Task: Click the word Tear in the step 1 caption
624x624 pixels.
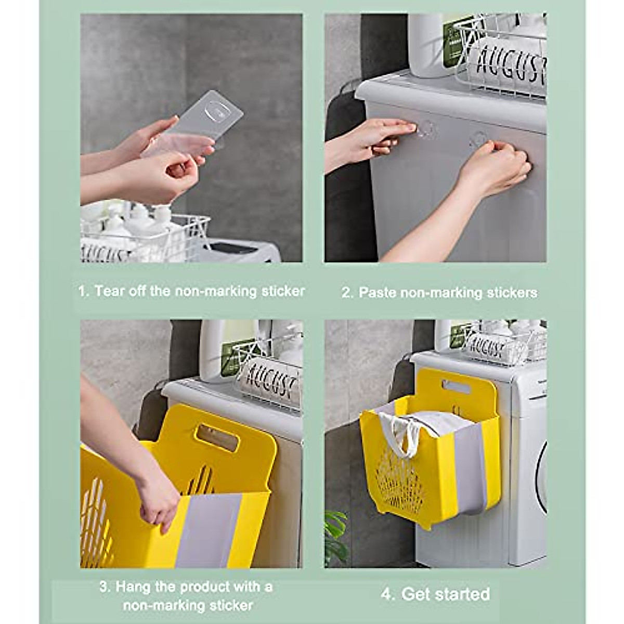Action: [109, 291]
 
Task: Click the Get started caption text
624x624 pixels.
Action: [446, 594]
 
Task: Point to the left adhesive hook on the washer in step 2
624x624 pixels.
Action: [427, 128]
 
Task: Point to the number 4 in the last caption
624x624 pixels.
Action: [387, 594]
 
